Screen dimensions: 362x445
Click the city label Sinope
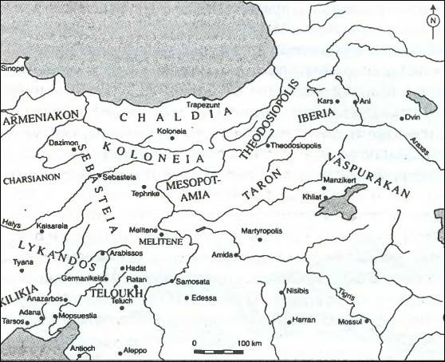coord(13,69)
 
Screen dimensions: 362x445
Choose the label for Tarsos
coord(13,323)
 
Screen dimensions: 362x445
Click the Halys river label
coord(10,225)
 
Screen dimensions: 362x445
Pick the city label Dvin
coord(412,117)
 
